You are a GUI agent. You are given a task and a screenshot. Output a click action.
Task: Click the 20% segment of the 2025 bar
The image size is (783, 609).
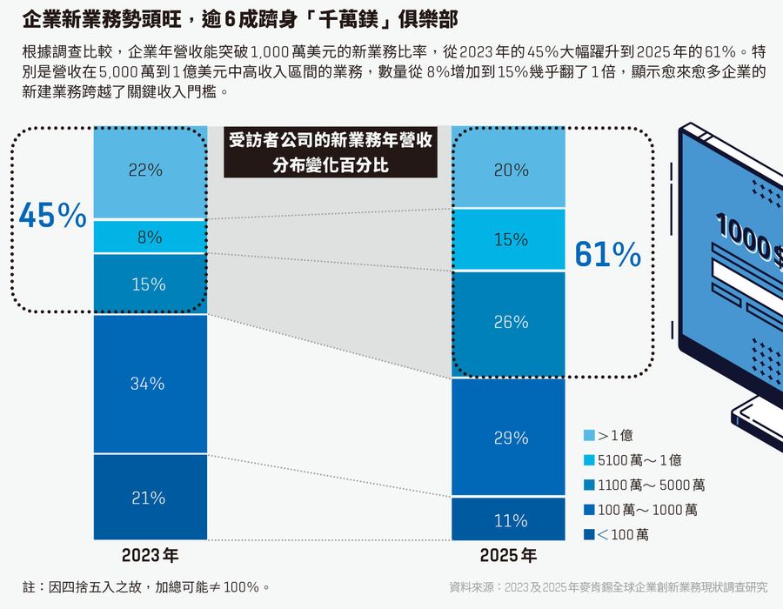point(509,171)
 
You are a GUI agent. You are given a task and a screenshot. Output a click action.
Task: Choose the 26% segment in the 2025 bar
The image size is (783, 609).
point(509,322)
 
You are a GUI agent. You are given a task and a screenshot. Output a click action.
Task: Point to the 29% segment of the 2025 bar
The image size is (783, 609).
point(509,438)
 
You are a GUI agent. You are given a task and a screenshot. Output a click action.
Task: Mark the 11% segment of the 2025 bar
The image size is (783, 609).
point(509,520)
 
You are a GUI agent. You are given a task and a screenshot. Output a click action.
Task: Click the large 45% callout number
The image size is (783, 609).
point(51,216)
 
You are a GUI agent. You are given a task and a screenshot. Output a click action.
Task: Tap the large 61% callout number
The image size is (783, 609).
point(607,254)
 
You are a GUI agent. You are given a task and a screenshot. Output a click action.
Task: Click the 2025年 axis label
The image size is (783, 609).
point(508,555)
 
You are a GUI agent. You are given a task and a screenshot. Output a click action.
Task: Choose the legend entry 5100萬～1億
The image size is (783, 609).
point(639,460)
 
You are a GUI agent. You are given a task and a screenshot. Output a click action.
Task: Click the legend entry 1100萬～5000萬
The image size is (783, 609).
point(649,485)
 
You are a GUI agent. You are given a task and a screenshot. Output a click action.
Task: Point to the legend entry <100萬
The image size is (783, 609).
point(622,534)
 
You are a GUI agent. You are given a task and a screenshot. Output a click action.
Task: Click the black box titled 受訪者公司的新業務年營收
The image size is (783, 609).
point(330,152)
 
